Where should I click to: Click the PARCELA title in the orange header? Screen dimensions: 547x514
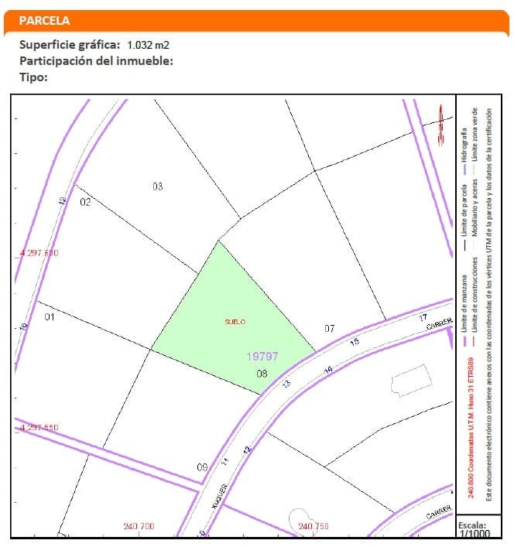coord(44,20)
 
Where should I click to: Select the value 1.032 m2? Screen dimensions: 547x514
coord(149,45)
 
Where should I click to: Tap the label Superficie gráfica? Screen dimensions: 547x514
coord(70,44)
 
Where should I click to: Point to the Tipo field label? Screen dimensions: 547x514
coord(34,77)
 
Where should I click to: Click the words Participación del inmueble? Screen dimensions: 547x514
coord(96,60)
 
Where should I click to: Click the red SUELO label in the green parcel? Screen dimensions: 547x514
coord(235,320)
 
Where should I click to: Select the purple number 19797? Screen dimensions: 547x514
coord(262,357)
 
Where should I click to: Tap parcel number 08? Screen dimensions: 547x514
coord(262,374)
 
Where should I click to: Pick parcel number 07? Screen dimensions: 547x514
coord(330,329)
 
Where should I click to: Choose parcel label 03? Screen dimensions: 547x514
coord(157,186)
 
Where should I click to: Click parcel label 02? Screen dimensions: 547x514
coord(86,203)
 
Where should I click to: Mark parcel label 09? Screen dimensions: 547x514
coord(202,467)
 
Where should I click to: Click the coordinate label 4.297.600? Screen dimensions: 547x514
coord(38,253)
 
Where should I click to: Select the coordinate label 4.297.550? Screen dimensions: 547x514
coord(38,428)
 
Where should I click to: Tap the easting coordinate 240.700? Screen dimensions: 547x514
coord(139,527)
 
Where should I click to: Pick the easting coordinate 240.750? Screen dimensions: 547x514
coord(314,527)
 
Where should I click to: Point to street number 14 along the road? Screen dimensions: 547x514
coord(328,371)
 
